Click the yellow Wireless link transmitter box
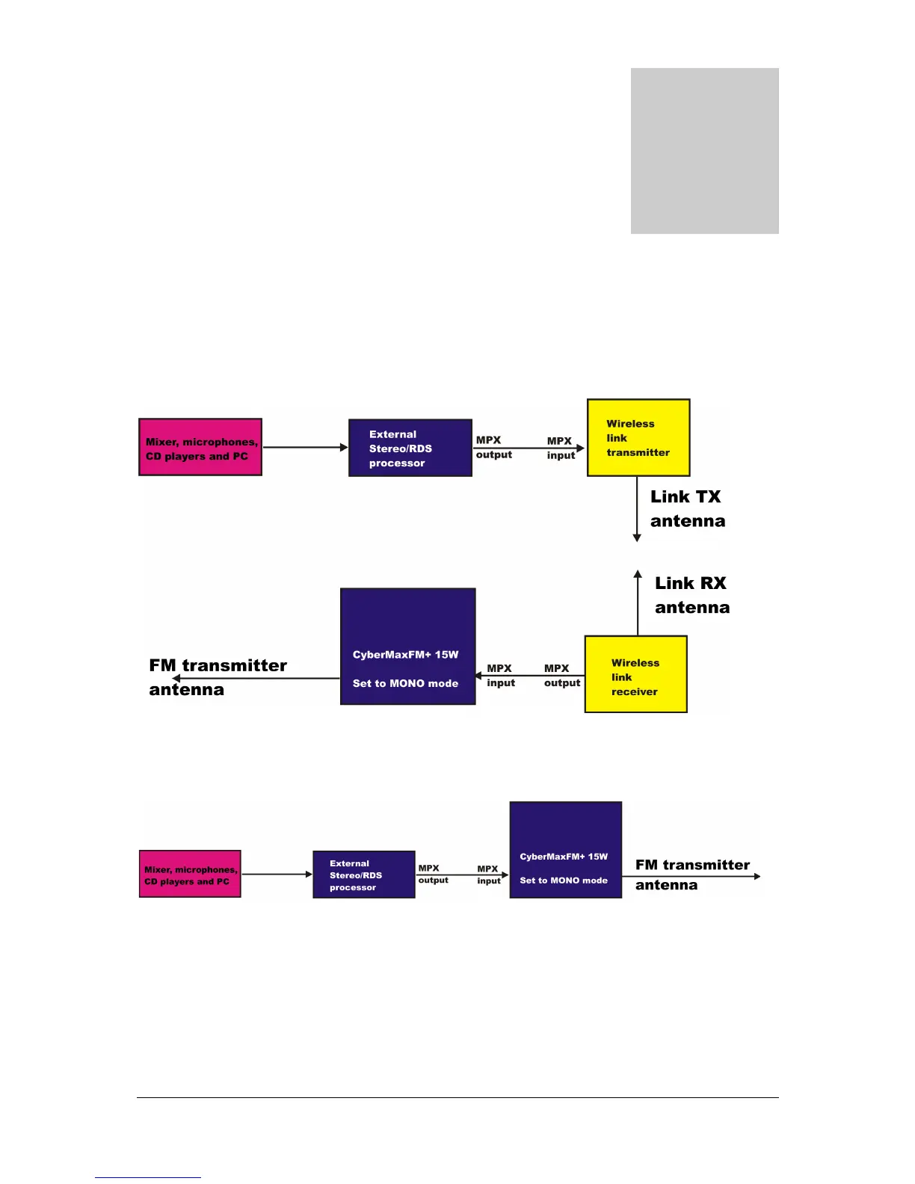pyautogui.click(x=638, y=437)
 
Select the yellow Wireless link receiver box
pyautogui.click(x=635, y=674)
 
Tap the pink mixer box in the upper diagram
pyautogui.click(x=200, y=447)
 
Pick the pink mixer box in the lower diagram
pyautogui.click(x=190, y=874)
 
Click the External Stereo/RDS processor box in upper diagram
pyautogui.click(x=410, y=448)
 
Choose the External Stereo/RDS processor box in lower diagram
pyautogui.click(x=363, y=875)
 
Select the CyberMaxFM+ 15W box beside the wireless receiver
pyautogui.click(x=407, y=647)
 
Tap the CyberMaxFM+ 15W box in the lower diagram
pyautogui.click(x=565, y=850)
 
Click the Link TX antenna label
pyautogui.click(x=687, y=509)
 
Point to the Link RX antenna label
pyautogui.click(x=691, y=595)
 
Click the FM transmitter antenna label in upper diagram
pyautogui.click(x=218, y=677)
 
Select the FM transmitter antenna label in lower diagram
pyautogui.click(x=691, y=875)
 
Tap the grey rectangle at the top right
pyautogui.click(x=704, y=151)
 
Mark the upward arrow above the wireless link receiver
pyautogui.click(x=638, y=602)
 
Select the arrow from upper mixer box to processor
pyautogui.click(x=305, y=447)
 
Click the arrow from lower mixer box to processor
pyautogui.click(x=277, y=874)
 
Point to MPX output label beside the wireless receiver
pyautogui.click(x=561, y=676)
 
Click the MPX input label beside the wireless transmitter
pyautogui.click(x=560, y=448)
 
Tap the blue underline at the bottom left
pyautogui.click(x=148, y=1177)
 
